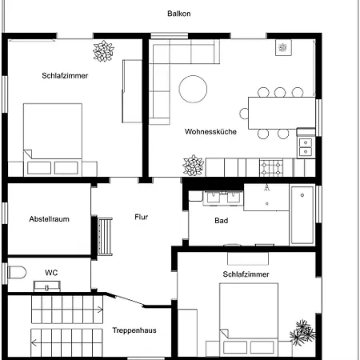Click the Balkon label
(x=179, y=14)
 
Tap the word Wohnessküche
(x=210, y=131)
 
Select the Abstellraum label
(x=49, y=219)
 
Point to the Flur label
(x=141, y=217)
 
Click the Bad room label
(x=222, y=221)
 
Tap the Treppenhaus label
(x=134, y=330)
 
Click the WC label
(x=51, y=273)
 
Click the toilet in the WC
(x=17, y=273)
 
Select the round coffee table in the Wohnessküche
(x=193, y=89)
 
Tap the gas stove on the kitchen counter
(x=271, y=167)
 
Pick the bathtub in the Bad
(x=302, y=215)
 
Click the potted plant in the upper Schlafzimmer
(x=103, y=51)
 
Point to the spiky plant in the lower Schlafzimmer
(x=302, y=333)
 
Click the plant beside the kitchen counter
(x=194, y=166)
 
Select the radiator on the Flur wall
(x=105, y=237)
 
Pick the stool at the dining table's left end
(x=244, y=114)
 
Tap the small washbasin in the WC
(x=47, y=286)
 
